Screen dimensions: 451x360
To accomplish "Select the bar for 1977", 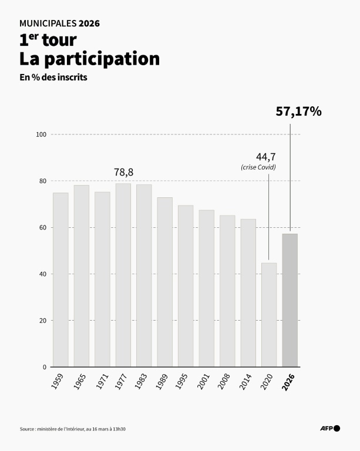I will pyautogui.click(x=123, y=275).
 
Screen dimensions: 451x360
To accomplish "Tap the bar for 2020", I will pyautogui.click(x=269, y=315).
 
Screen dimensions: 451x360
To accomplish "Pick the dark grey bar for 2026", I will pyautogui.click(x=290, y=300).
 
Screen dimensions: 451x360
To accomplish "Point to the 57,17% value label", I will pyautogui.click(x=298, y=112).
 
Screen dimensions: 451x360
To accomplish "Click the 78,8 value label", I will pyautogui.click(x=123, y=172).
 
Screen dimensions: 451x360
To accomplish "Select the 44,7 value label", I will pyautogui.click(x=266, y=157).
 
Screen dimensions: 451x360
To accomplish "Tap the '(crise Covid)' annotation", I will pyautogui.click(x=258, y=168).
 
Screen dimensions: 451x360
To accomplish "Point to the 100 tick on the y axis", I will pyautogui.click(x=41, y=134).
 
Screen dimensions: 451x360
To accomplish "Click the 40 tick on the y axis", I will pyautogui.click(x=42, y=274).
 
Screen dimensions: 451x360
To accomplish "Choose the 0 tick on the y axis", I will pyautogui.click(x=44, y=367).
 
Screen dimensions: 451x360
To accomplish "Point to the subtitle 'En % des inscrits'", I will pyautogui.click(x=53, y=78).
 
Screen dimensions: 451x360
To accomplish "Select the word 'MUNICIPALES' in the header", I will pyautogui.click(x=46, y=23).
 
